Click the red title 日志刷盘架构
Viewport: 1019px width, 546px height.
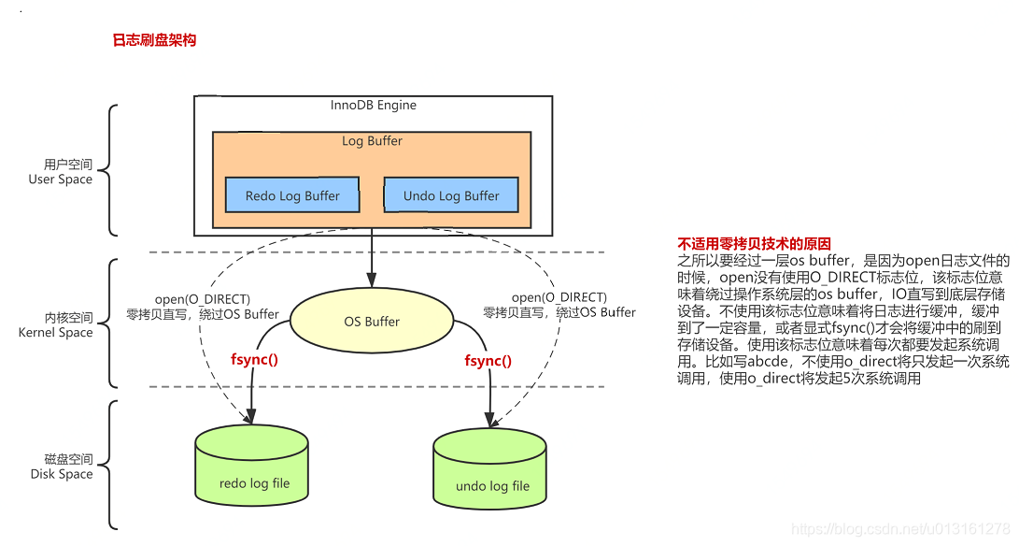[154, 40]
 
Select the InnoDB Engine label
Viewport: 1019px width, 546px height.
[373, 105]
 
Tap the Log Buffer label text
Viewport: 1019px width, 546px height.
[372, 141]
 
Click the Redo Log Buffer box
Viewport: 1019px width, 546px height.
[292, 195]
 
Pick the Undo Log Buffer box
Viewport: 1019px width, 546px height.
[451, 195]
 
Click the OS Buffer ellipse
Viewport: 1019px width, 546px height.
[372, 322]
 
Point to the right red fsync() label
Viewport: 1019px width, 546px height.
[488, 360]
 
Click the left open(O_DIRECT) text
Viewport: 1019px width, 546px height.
[202, 298]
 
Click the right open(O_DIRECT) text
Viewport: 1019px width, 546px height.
[559, 297]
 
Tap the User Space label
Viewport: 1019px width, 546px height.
[61, 180]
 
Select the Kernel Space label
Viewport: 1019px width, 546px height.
[56, 332]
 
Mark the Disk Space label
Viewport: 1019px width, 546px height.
[62, 474]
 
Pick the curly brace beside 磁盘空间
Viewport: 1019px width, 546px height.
[110, 465]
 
